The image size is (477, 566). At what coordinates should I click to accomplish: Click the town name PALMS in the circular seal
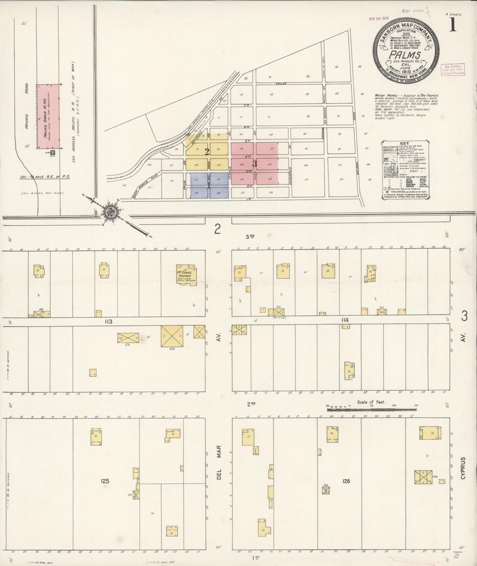click(405, 55)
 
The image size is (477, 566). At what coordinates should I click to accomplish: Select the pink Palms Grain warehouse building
click(48, 116)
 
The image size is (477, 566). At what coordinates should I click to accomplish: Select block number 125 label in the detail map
click(105, 481)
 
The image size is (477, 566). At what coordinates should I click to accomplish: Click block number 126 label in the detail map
click(346, 481)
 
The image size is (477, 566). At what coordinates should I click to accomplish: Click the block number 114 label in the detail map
click(345, 320)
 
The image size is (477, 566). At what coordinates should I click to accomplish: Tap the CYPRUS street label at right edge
click(463, 473)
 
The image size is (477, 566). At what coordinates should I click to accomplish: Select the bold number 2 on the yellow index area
click(207, 152)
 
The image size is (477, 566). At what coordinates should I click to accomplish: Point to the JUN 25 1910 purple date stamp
click(378, 18)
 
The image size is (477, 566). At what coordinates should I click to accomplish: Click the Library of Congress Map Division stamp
click(452, 70)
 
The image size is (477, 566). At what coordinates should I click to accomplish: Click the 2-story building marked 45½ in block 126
click(423, 477)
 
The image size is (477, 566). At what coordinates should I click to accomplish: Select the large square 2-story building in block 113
click(172, 336)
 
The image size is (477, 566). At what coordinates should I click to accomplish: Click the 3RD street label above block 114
click(250, 236)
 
